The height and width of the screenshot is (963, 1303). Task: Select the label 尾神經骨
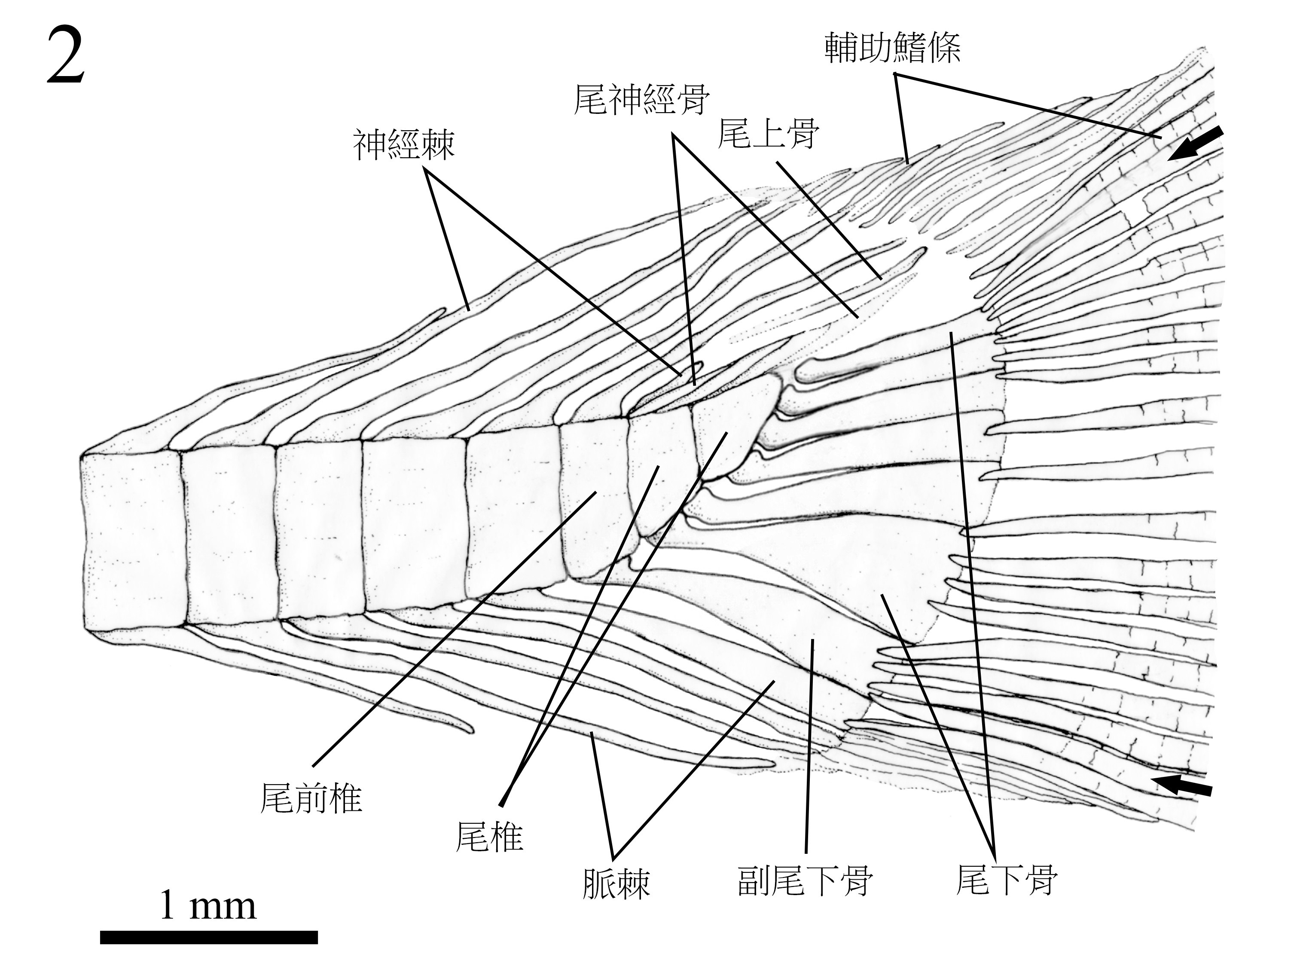pos(641,100)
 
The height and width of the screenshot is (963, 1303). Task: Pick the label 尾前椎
pos(311,798)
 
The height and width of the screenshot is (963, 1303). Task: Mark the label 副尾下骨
pos(805,880)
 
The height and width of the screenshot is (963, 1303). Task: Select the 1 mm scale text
pos(208,905)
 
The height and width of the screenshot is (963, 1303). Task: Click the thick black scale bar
pos(209,937)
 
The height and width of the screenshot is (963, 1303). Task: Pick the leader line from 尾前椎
pos(455,630)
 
